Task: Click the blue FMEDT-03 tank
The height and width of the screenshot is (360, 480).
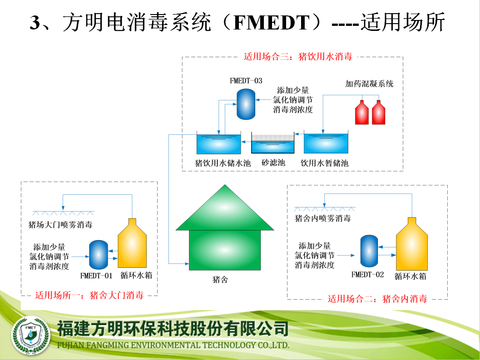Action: pos(246,104)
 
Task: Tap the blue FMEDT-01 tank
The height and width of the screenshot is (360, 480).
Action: pos(98,255)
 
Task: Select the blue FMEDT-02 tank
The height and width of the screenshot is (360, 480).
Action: pos(369,251)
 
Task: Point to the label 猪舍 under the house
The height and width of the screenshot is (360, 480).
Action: pos(220,279)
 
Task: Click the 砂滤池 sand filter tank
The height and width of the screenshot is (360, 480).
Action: pos(273,143)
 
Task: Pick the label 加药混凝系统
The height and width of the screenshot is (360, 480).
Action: pos(369,84)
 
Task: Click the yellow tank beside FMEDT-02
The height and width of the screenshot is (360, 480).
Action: pos(412,244)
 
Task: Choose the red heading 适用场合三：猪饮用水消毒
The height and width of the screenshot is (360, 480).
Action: pos(298,56)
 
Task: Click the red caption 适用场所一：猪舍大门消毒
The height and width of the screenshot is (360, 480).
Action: pos(89,295)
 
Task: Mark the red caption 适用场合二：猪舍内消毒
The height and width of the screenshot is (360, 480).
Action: pos(377,299)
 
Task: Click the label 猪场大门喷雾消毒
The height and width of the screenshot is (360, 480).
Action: pos(60,225)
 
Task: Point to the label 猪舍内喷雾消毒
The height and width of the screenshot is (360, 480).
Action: pos(323,218)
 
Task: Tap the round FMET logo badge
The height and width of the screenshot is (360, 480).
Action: pos(30,335)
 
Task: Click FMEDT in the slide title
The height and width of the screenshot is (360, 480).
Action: pos(272,23)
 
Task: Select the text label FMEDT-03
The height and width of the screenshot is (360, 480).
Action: pos(246,81)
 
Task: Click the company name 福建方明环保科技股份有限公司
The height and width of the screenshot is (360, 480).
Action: pos(173,329)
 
